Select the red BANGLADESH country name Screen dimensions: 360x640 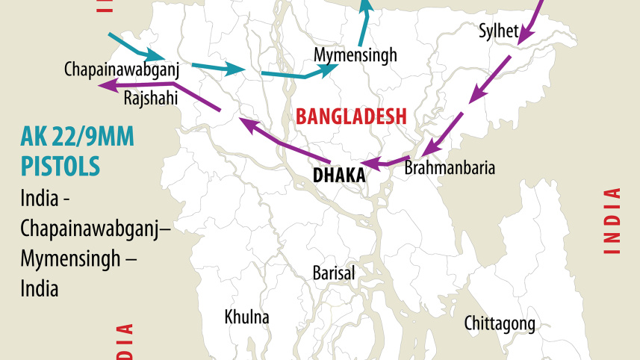coord(351,116)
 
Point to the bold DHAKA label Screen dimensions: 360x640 coord(339,176)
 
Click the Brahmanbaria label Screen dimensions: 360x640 coord(449,168)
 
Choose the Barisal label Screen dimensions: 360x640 coord(334,273)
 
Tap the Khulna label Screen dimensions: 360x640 coord(246,317)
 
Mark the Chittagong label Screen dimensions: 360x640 coord(500,323)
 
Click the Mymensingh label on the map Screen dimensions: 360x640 coord(355,55)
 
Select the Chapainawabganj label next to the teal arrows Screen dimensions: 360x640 coord(122,69)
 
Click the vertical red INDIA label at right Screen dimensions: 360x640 coord(612,222)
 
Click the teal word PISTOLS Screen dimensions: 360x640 coord(60,165)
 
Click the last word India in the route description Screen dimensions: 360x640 coord(40,288)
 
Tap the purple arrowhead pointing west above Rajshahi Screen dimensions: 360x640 coord(105,86)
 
